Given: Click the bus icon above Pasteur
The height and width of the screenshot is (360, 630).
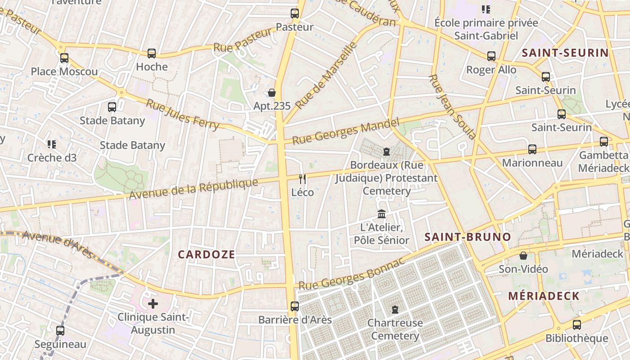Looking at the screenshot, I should [295, 13].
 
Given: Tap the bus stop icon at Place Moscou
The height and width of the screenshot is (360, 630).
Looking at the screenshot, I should [64, 58].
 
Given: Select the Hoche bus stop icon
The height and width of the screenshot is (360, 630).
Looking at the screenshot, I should [152, 54].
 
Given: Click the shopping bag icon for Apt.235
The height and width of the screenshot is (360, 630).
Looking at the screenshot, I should [272, 93].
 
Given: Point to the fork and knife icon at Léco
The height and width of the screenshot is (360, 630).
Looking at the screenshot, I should [302, 179].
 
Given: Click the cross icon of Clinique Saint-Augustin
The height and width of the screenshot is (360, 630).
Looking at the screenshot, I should [153, 304].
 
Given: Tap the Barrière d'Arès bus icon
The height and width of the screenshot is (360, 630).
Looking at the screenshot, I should [295, 306].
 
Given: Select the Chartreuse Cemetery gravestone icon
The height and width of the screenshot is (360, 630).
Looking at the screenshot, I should [395, 310].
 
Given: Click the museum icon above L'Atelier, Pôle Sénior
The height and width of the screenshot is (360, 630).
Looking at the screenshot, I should [382, 214].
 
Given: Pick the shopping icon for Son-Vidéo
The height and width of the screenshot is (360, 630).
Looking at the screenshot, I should [523, 256].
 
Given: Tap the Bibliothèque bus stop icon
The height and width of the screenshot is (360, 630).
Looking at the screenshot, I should [577, 325].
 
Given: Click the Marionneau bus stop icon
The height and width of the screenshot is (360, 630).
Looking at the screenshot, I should [532, 149].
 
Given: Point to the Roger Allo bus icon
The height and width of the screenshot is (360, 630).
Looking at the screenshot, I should [491, 56].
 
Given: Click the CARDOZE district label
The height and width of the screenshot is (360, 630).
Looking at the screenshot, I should [207, 255].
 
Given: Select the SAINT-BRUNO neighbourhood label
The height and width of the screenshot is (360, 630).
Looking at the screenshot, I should [468, 237].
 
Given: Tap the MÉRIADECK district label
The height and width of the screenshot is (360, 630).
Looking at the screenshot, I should [544, 296].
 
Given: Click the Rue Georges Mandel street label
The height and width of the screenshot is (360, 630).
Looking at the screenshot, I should [346, 131].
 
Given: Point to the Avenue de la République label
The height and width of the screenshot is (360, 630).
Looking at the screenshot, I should [193, 189].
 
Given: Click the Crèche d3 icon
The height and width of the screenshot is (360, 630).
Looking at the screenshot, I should [52, 144].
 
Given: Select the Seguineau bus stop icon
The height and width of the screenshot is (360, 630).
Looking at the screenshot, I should [60, 331].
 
